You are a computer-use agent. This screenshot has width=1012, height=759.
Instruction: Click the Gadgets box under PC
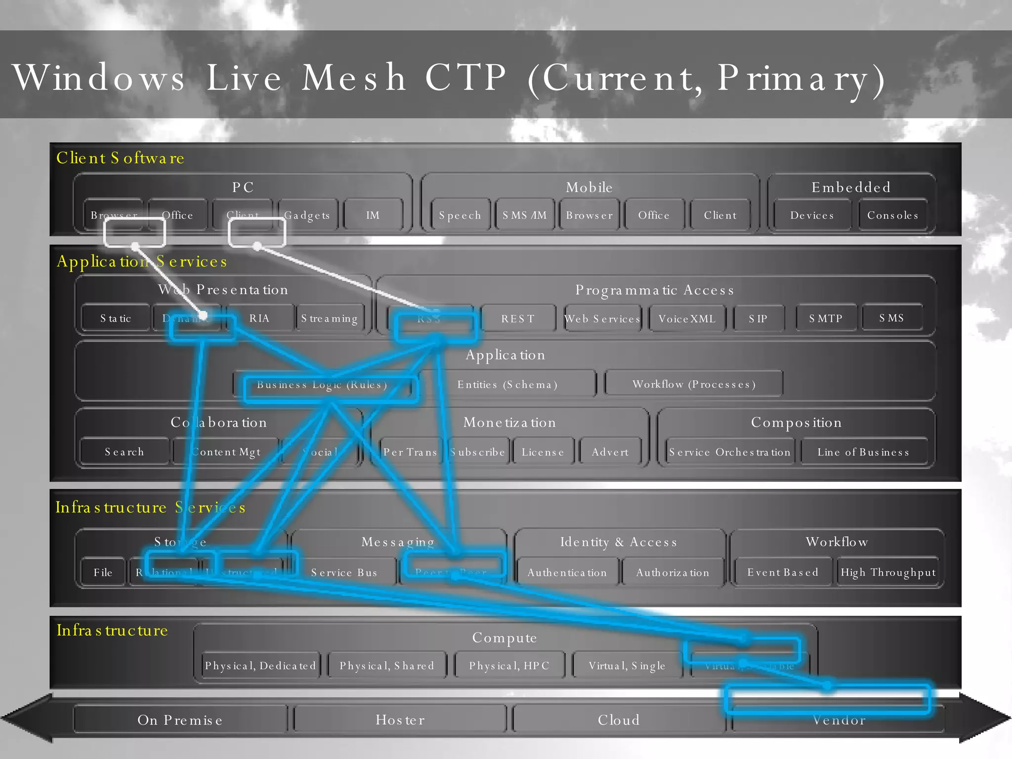pyautogui.click(x=307, y=215)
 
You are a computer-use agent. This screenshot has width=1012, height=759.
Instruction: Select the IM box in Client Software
pyautogui.click(x=373, y=215)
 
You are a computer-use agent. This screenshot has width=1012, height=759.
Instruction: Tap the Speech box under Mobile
pyautogui.click(x=460, y=215)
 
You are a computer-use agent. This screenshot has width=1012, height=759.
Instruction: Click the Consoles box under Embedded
pyautogui.click(x=892, y=215)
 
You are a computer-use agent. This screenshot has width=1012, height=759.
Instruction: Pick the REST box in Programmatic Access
pyautogui.click(x=518, y=319)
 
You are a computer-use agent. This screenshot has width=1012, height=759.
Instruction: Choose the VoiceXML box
pyautogui.click(x=687, y=319)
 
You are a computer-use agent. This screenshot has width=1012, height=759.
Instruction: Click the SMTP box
pyautogui.click(x=826, y=319)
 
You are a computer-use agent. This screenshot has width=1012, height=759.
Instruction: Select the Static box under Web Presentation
pyautogui.click(x=116, y=319)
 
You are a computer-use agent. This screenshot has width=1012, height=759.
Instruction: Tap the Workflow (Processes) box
pyautogui.click(x=694, y=384)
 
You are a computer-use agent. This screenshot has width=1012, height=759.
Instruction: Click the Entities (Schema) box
pyautogui.click(x=507, y=384)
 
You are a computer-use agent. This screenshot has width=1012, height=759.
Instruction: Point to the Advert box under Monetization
pyautogui.click(x=610, y=452)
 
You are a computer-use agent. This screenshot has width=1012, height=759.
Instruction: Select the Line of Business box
pyautogui.click(x=863, y=452)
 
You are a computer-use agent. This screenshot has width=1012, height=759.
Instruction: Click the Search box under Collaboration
pyautogui.click(x=125, y=452)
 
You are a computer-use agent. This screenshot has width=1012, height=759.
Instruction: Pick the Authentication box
pyautogui.click(x=567, y=573)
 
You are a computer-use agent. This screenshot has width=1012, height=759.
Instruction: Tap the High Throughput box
pyautogui.click(x=888, y=573)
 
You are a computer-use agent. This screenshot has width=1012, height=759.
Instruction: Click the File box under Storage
pyautogui.click(x=103, y=573)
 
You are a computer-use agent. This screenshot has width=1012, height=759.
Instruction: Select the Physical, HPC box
pyautogui.click(x=509, y=666)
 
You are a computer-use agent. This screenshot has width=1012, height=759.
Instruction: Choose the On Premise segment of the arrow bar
pyautogui.click(x=180, y=720)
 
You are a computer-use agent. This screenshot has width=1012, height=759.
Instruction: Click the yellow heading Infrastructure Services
pyautogui.click(x=150, y=507)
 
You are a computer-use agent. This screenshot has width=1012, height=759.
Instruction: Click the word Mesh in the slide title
pyautogui.click(x=354, y=78)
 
